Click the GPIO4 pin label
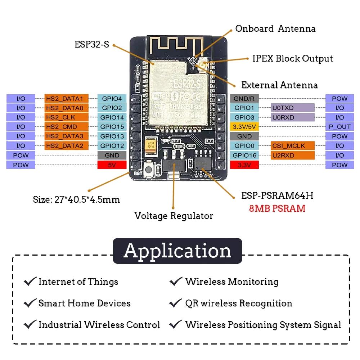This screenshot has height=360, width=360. point(112,98)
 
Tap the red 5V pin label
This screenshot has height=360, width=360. point(112,165)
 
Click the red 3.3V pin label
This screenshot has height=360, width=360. point(244,165)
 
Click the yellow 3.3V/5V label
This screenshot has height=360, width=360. point(244,127)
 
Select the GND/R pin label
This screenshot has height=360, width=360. point(244,98)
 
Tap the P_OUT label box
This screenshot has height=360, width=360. point(339,127)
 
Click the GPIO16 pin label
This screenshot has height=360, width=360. point(244,155)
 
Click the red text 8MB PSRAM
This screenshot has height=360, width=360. point(277,208)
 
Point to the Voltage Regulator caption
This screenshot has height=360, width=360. point(174,216)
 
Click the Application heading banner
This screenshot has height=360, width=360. point(177,251)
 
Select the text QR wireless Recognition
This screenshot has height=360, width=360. point(238,303)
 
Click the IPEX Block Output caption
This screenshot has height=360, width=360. point(292,58)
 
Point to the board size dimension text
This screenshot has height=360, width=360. point(76,199)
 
